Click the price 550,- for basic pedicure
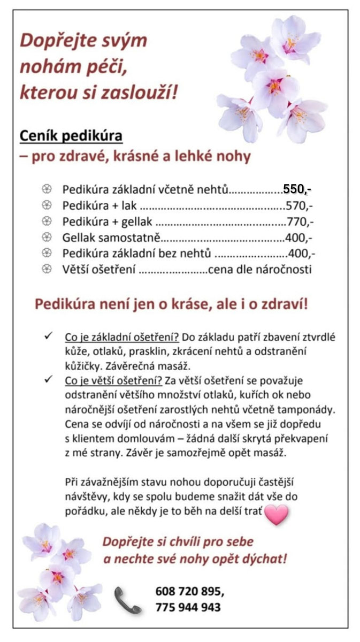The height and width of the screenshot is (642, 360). (x=297, y=189)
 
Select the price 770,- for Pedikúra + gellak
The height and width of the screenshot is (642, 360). (x=300, y=221)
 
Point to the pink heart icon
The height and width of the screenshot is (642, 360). (x=277, y=514)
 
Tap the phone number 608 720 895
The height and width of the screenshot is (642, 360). (x=189, y=592)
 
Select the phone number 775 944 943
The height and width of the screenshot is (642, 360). (x=188, y=608)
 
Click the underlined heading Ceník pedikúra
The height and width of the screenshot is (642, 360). (x=71, y=136)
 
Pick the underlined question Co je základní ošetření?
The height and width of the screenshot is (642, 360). (x=122, y=338)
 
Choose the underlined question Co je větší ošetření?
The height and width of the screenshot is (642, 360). (x=113, y=381)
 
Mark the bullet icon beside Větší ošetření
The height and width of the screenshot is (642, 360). (x=47, y=269)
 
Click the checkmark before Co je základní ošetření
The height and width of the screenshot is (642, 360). (x=48, y=337)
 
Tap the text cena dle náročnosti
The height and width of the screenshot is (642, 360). (x=259, y=270)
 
